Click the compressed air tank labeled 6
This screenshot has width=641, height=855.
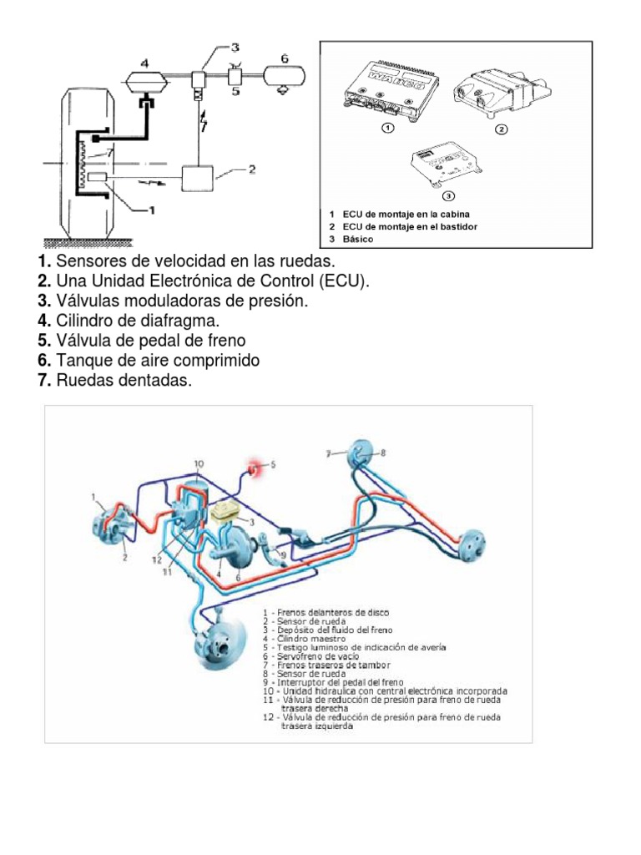(285, 77)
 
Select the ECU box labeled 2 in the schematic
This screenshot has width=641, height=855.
(209, 177)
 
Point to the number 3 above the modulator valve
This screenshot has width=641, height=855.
(235, 48)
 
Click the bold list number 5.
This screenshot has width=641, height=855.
(44, 341)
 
